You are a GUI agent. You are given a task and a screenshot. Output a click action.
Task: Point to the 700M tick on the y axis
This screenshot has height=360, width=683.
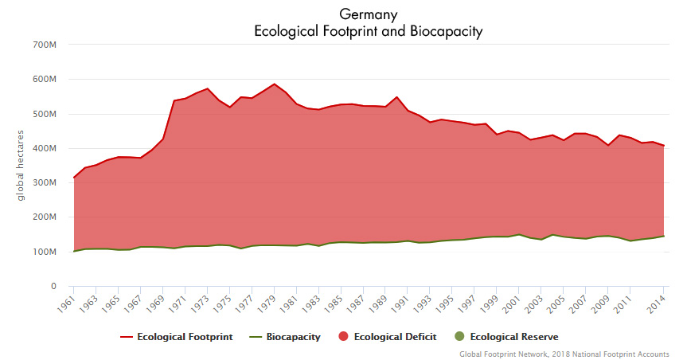point(44,45)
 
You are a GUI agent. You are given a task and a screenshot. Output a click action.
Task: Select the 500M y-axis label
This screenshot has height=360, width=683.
point(44,114)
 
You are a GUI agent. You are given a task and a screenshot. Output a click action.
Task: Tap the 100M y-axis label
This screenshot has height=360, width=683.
point(44,252)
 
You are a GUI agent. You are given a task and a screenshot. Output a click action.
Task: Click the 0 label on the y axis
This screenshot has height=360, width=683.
point(53,286)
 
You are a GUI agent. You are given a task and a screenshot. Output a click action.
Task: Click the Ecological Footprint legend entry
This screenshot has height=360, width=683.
point(177,337)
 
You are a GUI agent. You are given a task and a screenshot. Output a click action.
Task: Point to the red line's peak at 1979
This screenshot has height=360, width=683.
point(274,84)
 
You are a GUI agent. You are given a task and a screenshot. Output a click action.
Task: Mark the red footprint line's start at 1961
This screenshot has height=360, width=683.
point(73,177)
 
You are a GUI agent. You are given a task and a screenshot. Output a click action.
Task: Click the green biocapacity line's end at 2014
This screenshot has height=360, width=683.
point(665,236)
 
